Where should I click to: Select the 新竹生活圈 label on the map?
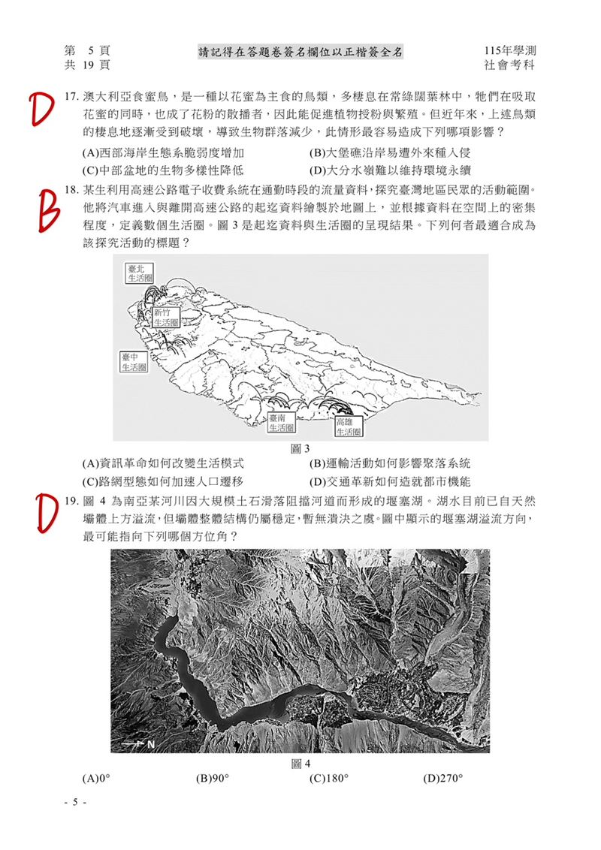[165, 318]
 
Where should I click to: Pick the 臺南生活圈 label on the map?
[281, 423]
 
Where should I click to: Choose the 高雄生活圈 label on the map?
[349, 427]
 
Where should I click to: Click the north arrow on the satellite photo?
[138, 744]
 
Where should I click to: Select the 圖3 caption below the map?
[300, 449]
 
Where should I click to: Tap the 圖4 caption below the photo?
[300, 764]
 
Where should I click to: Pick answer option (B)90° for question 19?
[213, 779]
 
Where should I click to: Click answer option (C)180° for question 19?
[329, 779]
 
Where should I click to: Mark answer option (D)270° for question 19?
[443, 779]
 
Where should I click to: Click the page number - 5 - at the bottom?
[75, 802]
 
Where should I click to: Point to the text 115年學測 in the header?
[511, 50]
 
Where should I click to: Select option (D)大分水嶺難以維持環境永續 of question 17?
[385, 170]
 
